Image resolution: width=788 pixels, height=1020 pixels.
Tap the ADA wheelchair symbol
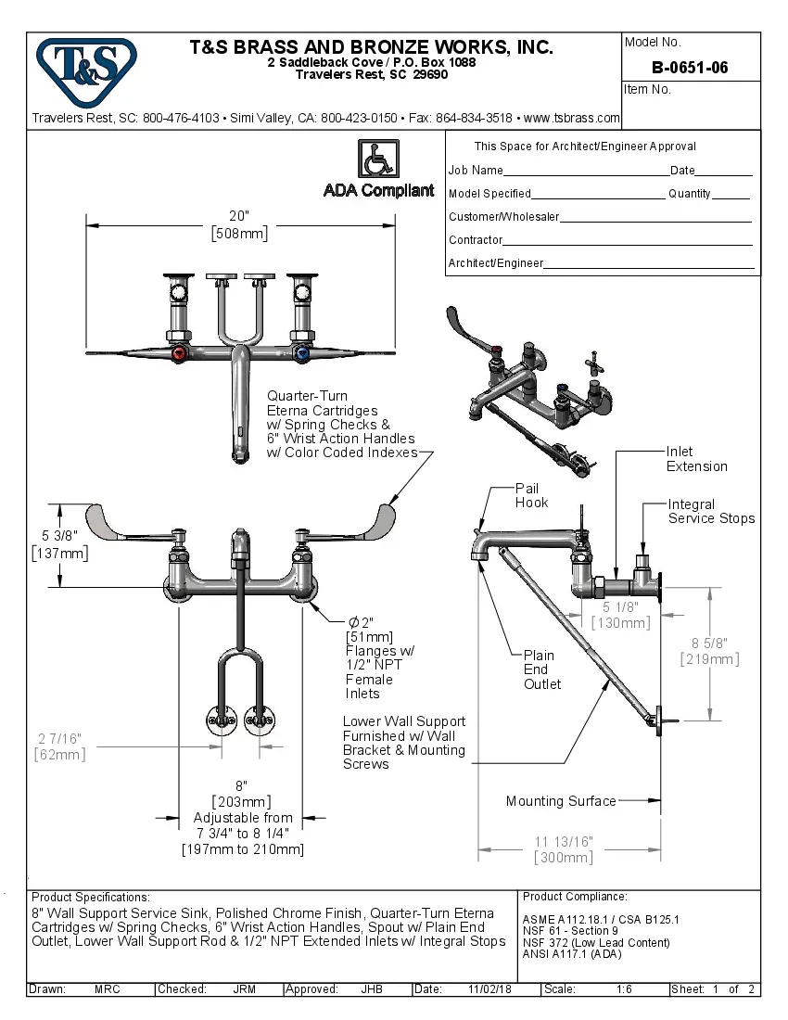click(x=378, y=159)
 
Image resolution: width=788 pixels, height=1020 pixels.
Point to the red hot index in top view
click(x=180, y=354)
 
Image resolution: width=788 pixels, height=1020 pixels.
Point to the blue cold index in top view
click(x=300, y=354)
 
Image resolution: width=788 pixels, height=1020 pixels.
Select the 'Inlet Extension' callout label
click(x=696, y=459)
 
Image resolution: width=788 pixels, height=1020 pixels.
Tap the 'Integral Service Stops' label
click(x=711, y=511)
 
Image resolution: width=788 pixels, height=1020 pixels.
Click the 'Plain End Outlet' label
click(x=542, y=669)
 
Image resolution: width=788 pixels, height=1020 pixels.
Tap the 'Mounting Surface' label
click(x=560, y=801)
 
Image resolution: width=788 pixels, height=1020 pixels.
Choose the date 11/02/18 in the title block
click(x=489, y=989)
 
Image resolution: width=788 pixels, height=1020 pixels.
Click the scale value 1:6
click(x=624, y=989)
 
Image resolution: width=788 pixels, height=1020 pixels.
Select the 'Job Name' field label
click(x=476, y=171)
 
